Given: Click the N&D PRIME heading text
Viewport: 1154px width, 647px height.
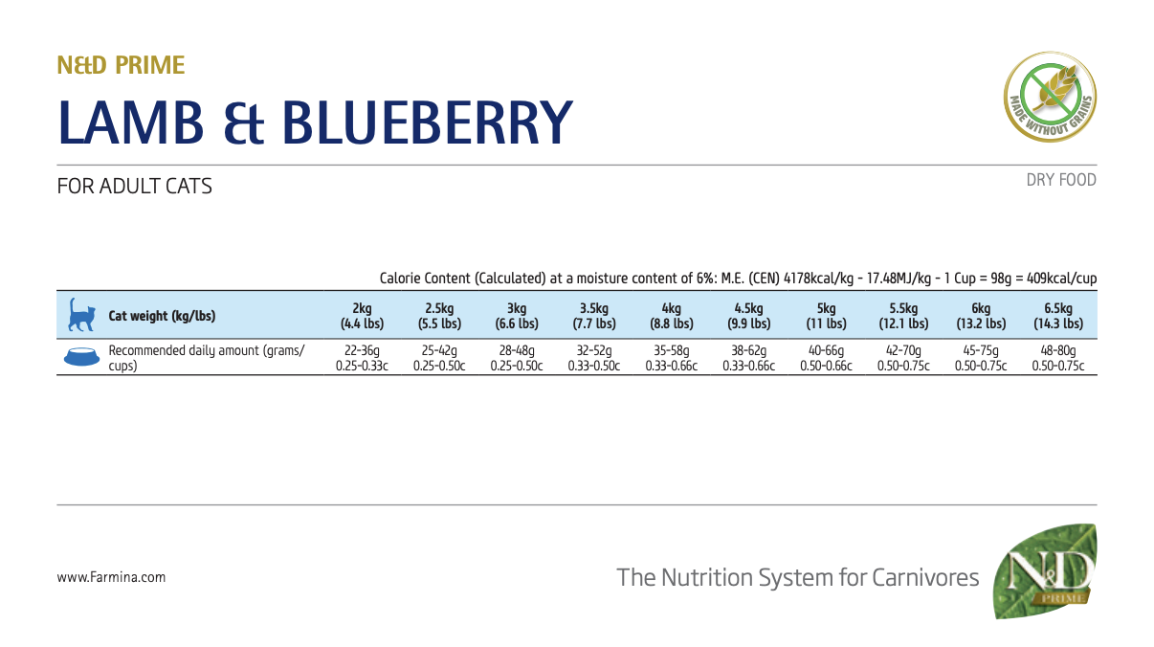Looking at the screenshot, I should click(x=121, y=65).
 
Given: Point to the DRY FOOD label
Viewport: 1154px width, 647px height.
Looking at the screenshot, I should click(x=1061, y=180).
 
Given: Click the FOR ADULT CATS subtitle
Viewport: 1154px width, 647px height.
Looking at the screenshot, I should click(x=135, y=186).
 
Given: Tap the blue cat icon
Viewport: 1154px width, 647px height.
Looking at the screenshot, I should click(x=80, y=315).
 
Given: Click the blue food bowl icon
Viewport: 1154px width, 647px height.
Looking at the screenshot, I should click(x=80, y=357).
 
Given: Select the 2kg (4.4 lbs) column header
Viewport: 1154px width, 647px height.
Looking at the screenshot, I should click(x=362, y=316).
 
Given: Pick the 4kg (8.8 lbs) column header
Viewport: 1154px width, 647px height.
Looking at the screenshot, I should click(x=671, y=316).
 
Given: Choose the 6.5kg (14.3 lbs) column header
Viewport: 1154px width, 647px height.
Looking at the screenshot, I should click(x=1058, y=316).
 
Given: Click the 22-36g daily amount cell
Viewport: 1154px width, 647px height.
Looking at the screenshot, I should click(x=362, y=358).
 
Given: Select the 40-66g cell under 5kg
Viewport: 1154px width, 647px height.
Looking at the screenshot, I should click(x=826, y=358).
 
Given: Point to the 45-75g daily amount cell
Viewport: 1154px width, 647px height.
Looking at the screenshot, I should click(x=981, y=358).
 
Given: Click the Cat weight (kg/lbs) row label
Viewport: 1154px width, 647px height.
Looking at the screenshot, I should click(x=163, y=316).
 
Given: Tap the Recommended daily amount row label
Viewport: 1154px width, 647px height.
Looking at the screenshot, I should click(x=206, y=358).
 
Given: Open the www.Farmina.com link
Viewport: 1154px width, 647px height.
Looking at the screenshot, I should click(x=111, y=577).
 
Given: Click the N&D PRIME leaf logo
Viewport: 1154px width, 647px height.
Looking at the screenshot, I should click(x=1045, y=571).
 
